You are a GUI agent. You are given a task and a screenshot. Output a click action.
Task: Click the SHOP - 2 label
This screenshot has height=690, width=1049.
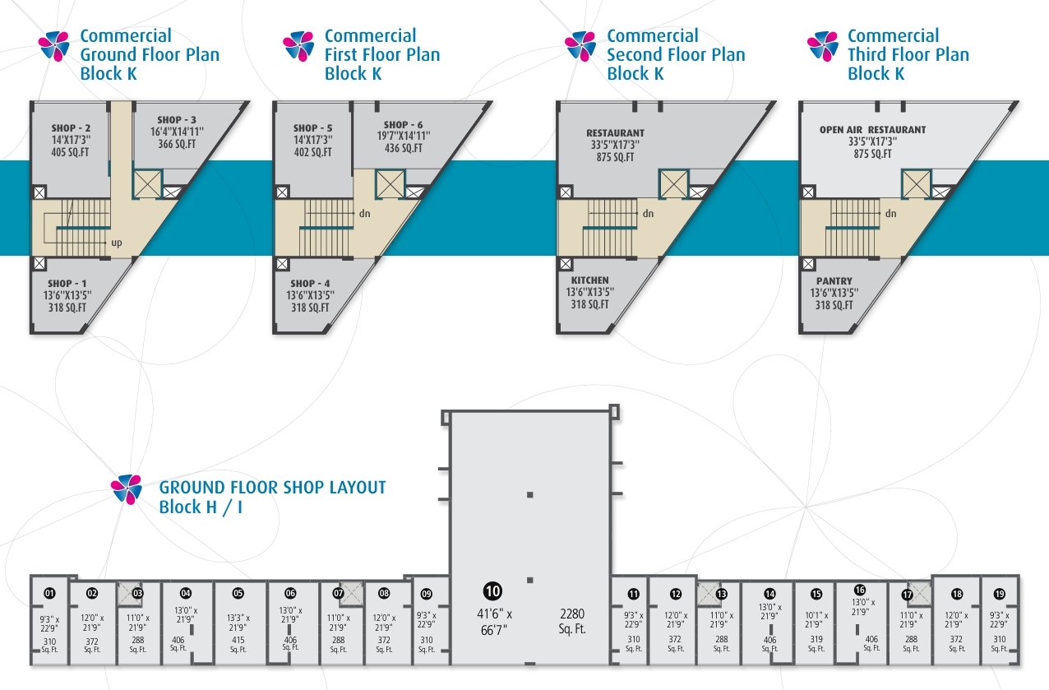tap(71, 127)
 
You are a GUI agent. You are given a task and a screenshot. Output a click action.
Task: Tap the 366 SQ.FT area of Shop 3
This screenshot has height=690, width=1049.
tap(177, 144)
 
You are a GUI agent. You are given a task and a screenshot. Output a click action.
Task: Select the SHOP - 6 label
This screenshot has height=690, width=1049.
tap(403, 125)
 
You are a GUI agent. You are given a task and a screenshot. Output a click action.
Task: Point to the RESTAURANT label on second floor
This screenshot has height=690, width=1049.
tap(615, 133)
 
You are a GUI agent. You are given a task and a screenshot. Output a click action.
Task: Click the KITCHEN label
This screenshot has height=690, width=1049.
tap(589, 280)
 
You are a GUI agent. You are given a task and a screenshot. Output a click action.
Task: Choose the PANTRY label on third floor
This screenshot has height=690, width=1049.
tap(834, 281)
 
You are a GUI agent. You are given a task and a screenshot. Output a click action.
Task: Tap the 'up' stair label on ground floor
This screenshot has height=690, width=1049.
tap(117, 243)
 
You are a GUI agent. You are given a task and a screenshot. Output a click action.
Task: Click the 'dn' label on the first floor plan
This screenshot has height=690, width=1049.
tap(364, 214)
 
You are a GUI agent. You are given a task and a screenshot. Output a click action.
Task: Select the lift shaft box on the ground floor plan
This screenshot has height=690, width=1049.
tap(147, 184)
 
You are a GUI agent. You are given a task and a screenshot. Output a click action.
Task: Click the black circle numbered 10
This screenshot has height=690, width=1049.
tap(492, 590)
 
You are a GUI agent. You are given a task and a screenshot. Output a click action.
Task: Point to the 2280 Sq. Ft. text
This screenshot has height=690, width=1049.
tap(572, 621)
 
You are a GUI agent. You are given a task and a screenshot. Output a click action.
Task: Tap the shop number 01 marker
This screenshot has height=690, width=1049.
tap(49, 594)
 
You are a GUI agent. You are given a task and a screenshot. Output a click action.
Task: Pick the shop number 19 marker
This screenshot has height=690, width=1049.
tap(1000, 594)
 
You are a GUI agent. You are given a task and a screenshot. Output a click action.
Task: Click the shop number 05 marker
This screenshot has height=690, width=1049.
tap(238, 594)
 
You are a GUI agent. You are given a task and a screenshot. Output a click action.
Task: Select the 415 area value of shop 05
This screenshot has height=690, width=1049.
tap(238, 639)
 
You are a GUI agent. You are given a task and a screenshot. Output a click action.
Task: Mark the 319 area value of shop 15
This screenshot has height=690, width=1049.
tap(816, 639)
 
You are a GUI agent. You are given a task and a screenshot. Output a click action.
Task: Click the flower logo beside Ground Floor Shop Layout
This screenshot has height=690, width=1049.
tap(127, 489)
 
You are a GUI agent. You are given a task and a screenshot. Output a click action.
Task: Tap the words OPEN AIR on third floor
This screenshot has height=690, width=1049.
tap(841, 130)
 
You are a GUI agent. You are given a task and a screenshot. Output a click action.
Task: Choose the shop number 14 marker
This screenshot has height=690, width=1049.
tap(769, 594)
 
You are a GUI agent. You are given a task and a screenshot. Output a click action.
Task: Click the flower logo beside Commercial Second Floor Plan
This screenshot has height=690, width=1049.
tap(580, 46)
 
